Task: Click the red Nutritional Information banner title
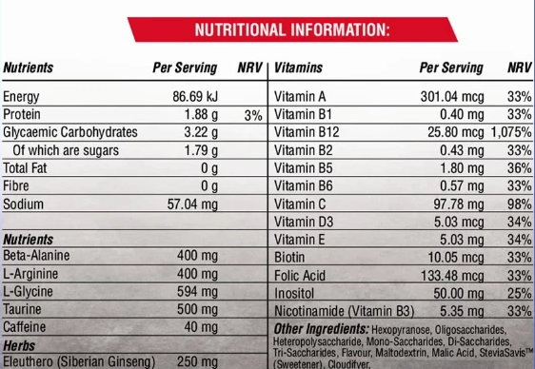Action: (292, 30)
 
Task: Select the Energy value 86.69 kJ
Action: (195, 97)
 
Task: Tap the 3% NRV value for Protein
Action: (253, 116)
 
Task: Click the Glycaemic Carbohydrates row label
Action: (70, 132)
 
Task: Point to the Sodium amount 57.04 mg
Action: (192, 204)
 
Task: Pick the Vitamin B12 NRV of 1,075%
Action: (511, 132)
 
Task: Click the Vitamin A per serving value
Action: (452, 97)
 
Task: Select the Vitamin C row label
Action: (300, 204)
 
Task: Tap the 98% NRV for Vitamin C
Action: (520, 204)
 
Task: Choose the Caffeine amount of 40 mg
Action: (201, 327)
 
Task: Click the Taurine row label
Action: (22, 309)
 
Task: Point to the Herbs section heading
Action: (19, 346)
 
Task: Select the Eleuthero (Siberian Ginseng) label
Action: (79, 362)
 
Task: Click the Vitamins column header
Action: (299, 68)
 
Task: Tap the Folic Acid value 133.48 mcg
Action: (452, 276)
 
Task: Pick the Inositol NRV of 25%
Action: (520, 293)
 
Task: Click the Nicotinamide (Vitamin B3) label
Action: (345, 311)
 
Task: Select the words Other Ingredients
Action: (321, 329)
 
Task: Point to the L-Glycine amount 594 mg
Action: (198, 292)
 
